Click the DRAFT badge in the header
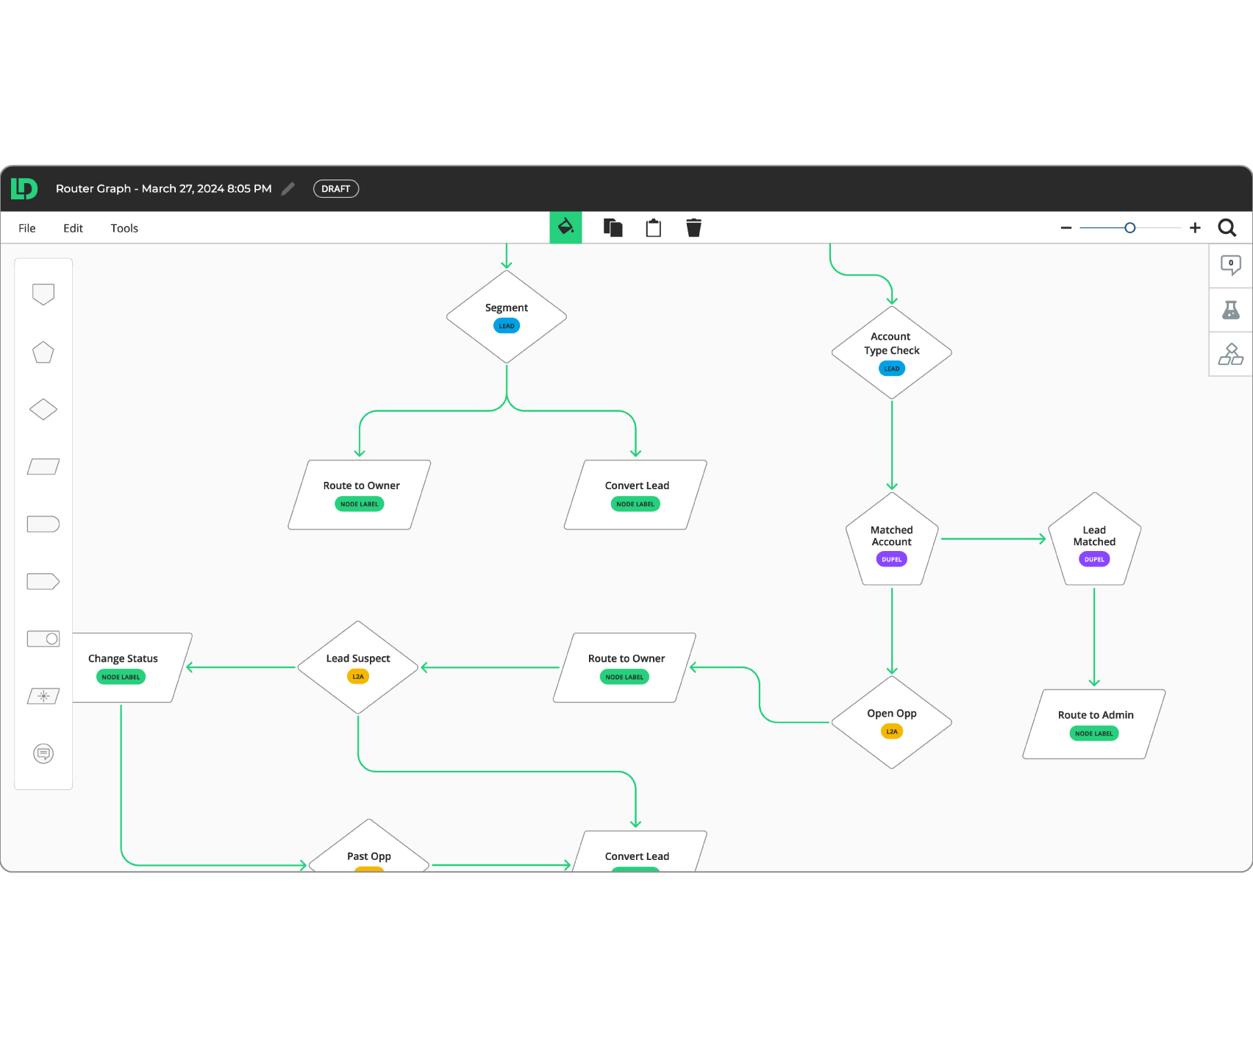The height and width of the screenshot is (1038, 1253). tap(336, 189)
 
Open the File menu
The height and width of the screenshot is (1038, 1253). tap(27, 228)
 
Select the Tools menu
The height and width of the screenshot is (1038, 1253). tap(124, 228)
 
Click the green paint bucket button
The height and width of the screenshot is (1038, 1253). tap(565, 227)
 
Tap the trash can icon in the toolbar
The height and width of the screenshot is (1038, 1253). tap(693, 227)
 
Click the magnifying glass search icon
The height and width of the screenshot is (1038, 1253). tap(1227, 228)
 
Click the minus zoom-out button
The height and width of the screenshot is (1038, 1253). tap(1066, 228)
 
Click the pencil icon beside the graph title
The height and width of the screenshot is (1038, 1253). tap(288, 189)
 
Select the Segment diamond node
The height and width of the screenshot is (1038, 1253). tap(507, 317)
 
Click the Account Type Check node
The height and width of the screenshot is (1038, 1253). tap(892, 352)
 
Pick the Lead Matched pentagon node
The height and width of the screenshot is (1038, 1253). tap(1094, 540)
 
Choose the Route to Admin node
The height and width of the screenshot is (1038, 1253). tap(1094, 724)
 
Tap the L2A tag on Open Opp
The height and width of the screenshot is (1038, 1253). tap(892, 731)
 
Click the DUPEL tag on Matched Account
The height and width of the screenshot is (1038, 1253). tap(892, 559)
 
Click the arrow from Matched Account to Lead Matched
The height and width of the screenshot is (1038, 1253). tap(993, 539)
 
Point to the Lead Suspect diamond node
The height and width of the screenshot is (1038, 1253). tap(358, 668)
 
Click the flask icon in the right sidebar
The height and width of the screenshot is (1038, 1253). tap(1231, 310)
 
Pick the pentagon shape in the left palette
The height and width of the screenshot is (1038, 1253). tap(43, 352)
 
